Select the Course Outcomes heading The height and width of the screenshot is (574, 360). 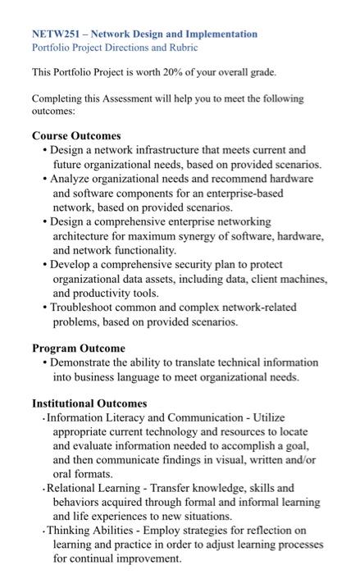click(76, 135)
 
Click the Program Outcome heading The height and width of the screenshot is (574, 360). click(79, 348)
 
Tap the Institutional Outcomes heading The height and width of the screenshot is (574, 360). click(89, 403)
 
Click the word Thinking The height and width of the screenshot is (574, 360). click(71, 531)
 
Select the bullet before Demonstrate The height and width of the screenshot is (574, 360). click(44, 362)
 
